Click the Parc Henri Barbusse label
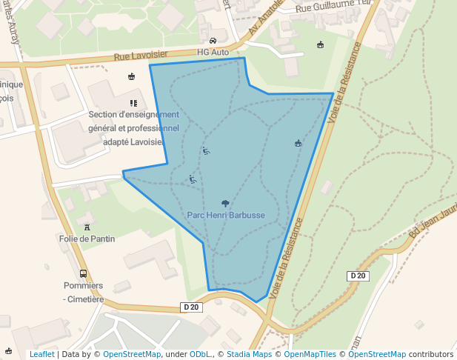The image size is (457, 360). tap(226, 215)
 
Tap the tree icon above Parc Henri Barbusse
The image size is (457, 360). tap(225, 203)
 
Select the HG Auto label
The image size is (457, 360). tap(213, 53)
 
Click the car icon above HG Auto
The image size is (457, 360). tap(213, 41)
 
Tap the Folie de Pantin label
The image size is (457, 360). tap(87, 239)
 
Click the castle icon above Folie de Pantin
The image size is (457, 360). tap(87, 225)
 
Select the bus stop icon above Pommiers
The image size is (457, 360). tap(83, 273)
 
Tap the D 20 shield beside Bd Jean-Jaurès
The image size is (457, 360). tap(358, 276)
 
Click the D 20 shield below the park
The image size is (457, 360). tap(191, 307)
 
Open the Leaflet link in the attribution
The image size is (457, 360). tap(41, 354)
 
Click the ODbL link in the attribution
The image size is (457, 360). tap(200, 354)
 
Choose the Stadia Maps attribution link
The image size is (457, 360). tap(249, 354)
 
